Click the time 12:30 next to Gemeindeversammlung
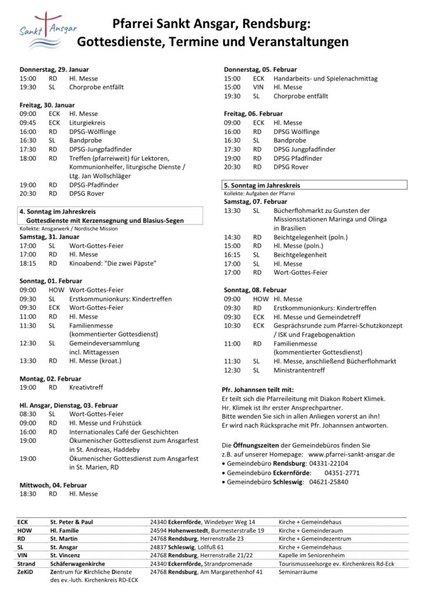point(28,343)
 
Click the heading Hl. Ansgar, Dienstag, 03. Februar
point(68,405)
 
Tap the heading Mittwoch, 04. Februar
point(53,485)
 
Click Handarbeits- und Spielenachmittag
point(325,78)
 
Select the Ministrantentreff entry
point(301,370)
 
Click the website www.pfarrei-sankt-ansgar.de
point(350,454)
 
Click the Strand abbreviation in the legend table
point(27,563)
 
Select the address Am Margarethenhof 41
point(231,572)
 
